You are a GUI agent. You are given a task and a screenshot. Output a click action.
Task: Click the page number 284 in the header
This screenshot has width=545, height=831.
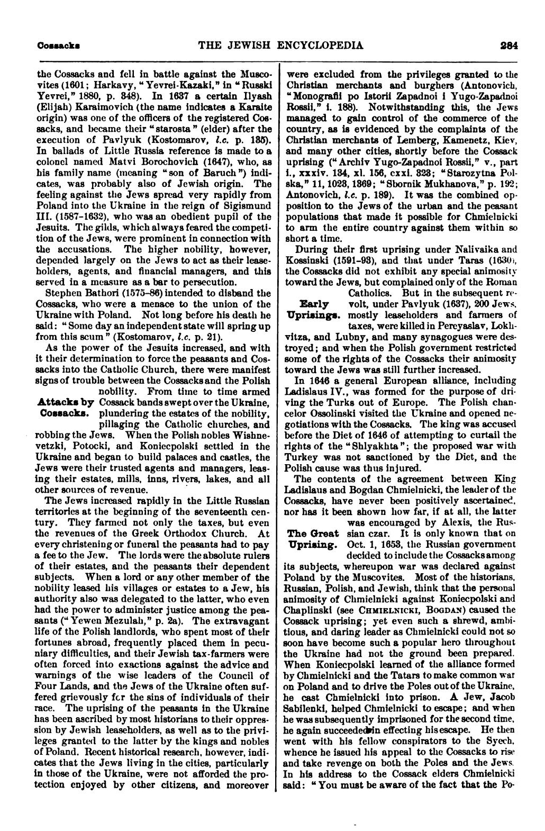pos(509,46)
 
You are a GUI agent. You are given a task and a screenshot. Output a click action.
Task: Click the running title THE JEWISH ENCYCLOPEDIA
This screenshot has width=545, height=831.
pos(280,46)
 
